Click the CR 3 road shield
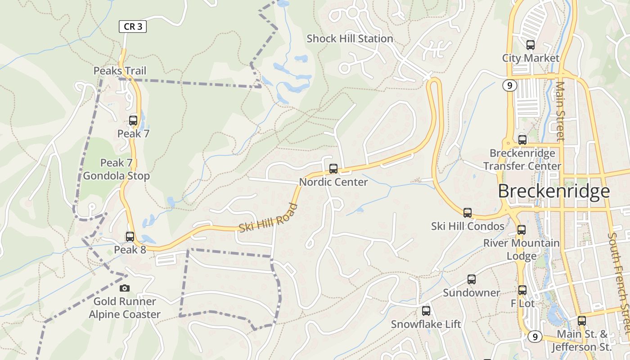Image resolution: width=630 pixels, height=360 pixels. point(133,27)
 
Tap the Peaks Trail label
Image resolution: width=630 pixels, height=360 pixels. point(120,71)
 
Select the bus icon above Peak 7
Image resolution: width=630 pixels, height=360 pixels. point(133,120)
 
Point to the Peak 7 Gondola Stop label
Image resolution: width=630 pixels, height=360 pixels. point(116,169)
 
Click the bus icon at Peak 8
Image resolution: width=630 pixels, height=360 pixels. point(130,236)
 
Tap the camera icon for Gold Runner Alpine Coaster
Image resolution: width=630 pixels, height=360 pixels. point(125,288)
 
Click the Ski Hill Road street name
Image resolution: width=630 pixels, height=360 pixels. point(269,218)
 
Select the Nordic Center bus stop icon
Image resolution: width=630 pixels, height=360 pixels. point(333,169)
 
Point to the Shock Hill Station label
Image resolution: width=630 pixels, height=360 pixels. point(350,39)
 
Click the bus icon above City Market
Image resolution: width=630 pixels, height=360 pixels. point(531,45)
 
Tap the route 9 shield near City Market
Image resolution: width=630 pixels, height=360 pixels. point(509,85)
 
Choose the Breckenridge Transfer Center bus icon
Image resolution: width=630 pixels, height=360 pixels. point(522,139)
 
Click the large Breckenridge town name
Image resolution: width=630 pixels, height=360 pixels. point(554,191)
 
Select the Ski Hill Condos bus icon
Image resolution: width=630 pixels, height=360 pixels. point(468,213)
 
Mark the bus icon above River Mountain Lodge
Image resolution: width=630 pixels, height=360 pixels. point(522,229)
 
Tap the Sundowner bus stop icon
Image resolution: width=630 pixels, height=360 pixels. point(471,279)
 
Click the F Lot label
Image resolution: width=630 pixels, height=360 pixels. point(522,304)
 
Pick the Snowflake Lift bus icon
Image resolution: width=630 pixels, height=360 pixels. point(426,310)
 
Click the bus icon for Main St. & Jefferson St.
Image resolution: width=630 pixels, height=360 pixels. point(582,321)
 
